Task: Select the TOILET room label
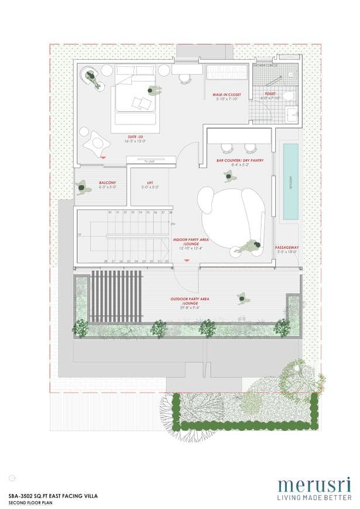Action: (270, 93)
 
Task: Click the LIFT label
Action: (150, 183)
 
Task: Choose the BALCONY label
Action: (107, 183)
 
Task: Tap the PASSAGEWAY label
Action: (287, 247)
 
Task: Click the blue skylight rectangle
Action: (290, 182)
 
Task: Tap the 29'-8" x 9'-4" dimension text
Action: (190, 309)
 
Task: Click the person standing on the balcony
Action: (81, 187)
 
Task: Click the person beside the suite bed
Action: (154, 91)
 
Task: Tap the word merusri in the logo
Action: (314, 486)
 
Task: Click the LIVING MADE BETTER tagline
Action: (314, 497)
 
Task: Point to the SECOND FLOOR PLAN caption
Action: (30, 501)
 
